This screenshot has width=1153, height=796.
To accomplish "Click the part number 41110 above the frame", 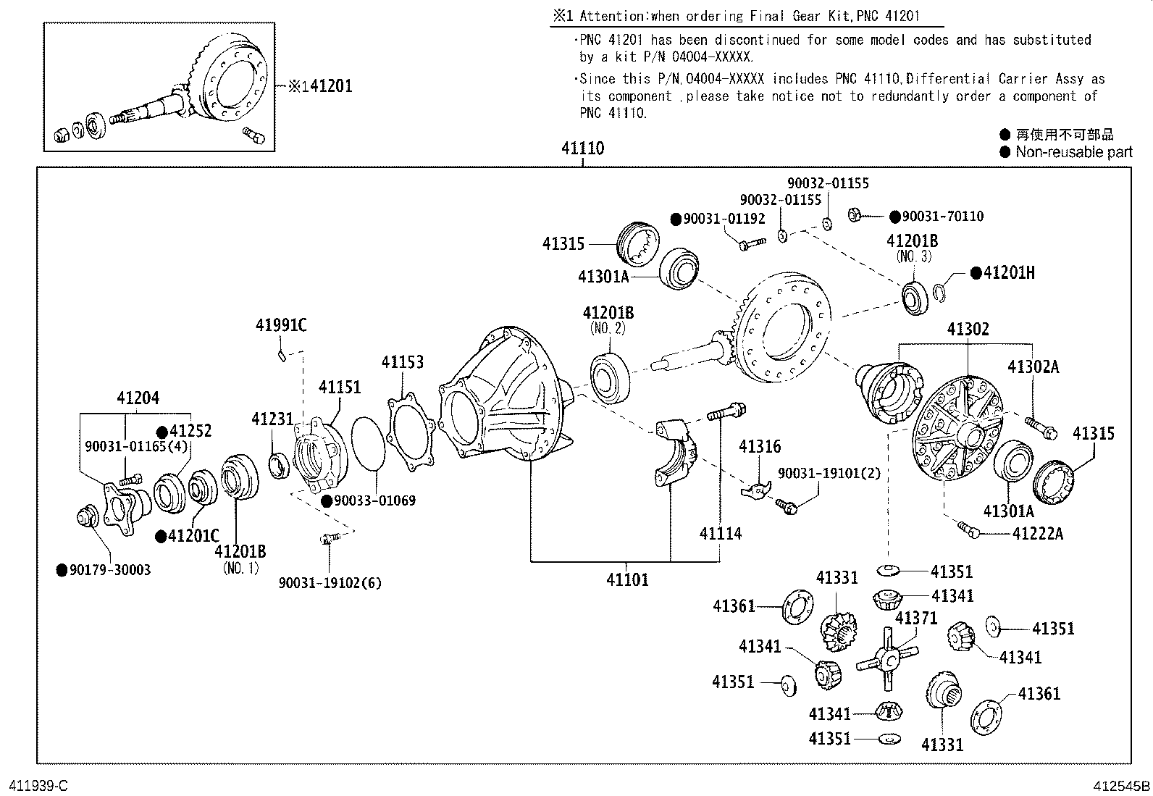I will pos(582,148).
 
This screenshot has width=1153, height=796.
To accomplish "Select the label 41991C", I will pos(281,326).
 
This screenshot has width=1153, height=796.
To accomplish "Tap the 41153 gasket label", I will pos(403,362).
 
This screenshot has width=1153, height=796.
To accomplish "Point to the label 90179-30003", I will pos(110,570).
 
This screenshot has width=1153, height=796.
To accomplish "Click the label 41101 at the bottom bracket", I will pos(627,579).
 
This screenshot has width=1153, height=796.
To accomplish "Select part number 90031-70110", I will pos(942,216).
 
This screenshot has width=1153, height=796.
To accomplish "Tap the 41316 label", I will pos(760,447).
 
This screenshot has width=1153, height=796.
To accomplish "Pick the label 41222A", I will pos(1037,534).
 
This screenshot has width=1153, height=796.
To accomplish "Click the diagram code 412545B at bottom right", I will pos(1121,785).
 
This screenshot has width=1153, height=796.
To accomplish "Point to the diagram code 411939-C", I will pos(38,785).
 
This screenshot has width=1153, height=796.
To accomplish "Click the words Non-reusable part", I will pos(1073,152).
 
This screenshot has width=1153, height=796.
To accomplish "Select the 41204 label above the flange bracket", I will pos(138,398).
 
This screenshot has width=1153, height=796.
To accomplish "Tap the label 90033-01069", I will pos(374,500).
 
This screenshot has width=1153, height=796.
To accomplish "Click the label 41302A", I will pos(1033,367).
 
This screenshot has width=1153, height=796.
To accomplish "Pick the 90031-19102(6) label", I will pos(330,582).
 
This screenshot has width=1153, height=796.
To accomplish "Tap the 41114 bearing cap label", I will pos(720,534).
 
